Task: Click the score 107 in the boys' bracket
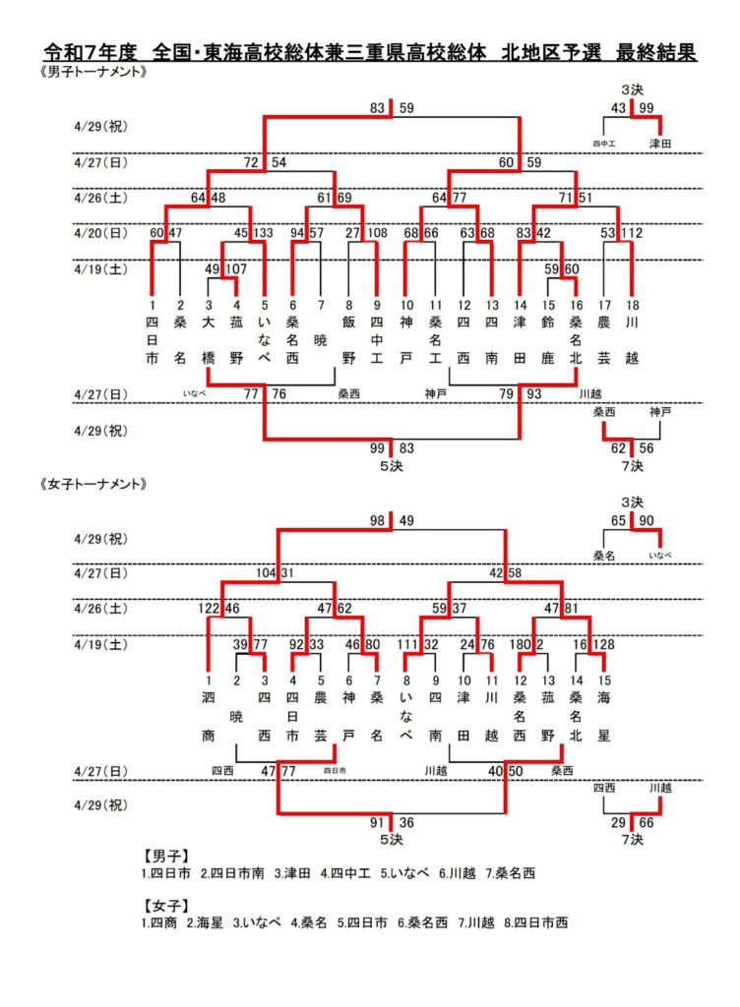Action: (237, 269)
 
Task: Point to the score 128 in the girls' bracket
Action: (604, 645)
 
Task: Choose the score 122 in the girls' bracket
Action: (209, 609)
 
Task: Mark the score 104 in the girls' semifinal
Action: (267, 572)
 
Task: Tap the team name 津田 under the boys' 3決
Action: (659, 144)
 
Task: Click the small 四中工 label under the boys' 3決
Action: (604, 144)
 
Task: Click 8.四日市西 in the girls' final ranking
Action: (536, 922)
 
